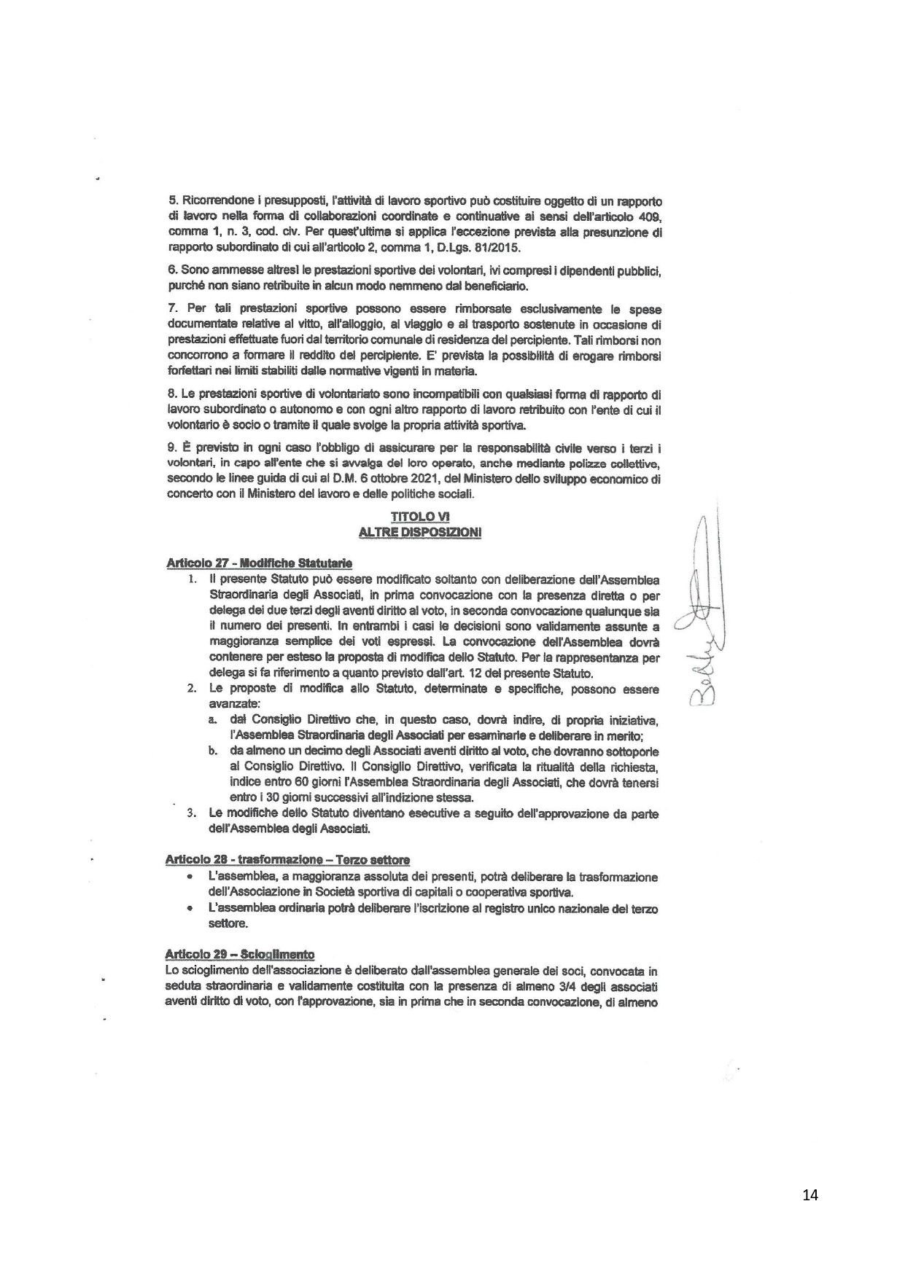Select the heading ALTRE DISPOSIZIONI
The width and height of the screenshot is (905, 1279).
tap(420, 533)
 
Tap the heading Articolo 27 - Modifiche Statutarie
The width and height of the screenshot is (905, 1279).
tap(260, 563)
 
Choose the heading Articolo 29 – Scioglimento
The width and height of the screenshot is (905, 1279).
tap(240, 954)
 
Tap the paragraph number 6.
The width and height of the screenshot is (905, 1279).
tap(172, 269)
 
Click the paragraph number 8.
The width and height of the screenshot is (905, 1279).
tap(172, 394)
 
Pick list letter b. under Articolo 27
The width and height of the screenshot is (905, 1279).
tap(211, 751)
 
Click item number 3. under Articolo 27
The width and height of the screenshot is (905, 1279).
tap(192, 813)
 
